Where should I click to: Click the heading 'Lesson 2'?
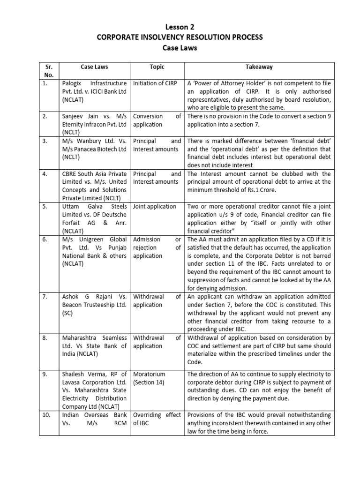coord(180,27)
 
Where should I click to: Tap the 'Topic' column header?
coord(157,67)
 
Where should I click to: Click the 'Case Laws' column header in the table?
coord(94,67)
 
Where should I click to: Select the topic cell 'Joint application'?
coord(155,206)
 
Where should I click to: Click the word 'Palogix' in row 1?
coord(72,83)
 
